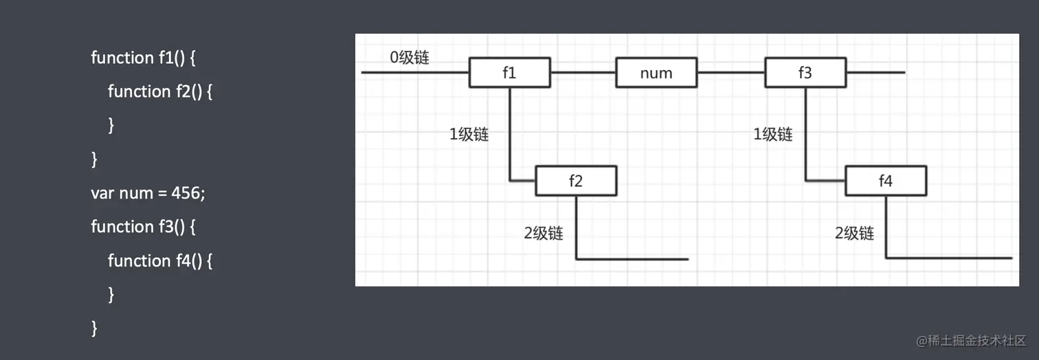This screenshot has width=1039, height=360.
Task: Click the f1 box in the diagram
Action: (x=509, y=73)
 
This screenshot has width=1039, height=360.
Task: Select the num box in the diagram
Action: (x=656, y=73)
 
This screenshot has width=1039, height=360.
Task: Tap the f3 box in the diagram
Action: (x=805, y=73)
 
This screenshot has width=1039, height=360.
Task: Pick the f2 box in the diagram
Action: (x=576, y=181)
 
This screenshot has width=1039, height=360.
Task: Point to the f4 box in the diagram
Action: (x=886, y=181)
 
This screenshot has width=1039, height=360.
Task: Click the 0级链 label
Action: (x=410, y=58)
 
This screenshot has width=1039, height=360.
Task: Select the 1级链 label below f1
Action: (x=469, y=135)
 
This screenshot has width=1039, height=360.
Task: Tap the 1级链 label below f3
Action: (x=773, y=135)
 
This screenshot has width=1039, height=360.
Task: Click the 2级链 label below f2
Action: (x=544, y=234)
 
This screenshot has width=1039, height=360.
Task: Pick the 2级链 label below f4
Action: (x=855, y=234)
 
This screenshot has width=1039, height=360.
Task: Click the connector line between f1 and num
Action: (x=583, y=72)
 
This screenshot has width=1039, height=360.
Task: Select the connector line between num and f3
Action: (x=731, y=72)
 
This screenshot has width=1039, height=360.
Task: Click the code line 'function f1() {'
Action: (x=144, y=58)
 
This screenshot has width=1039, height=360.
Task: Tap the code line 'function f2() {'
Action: (x=160, y=91)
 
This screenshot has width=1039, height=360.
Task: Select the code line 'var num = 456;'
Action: (x=148, y=193)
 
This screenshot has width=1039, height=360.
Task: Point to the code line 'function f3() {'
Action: (x=144, y=227)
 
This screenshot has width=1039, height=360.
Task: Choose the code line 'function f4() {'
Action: (x=160, y=260)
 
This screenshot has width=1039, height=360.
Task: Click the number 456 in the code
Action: (x=186, y=193)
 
